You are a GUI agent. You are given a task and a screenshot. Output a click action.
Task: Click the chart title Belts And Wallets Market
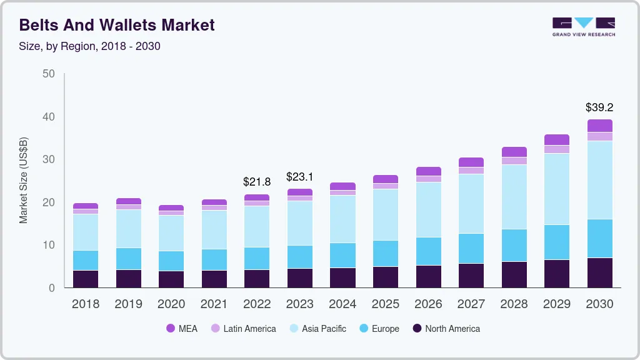click(x=117, y=25)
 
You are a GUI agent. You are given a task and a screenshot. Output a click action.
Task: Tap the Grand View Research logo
click(x=583, y=26)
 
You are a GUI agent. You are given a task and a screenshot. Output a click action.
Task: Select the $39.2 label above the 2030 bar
click(x=599, y=107)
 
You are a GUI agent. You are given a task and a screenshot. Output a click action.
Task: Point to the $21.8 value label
click(x=257, y=182)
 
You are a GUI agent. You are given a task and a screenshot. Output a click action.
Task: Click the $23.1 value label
click(x=300, y=177)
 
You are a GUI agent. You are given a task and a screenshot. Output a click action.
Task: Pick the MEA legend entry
click(x=182, y=329)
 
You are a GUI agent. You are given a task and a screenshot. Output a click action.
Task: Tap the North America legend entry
click(x=446, y=329)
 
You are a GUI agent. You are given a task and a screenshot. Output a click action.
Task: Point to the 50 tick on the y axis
click(x=48, y=74)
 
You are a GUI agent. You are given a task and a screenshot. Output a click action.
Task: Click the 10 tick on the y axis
click(x=48, y=245)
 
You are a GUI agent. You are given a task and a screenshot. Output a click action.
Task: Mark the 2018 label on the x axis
click(x=85, y=304)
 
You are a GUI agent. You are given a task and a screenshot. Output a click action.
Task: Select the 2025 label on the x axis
click(x=386, y=304)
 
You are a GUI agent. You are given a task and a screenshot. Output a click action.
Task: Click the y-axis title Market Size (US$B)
click(x=24, y=181)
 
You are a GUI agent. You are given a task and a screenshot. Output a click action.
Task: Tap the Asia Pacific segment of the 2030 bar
click(x=599, y=180)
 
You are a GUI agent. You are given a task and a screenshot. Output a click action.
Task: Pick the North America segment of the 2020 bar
click(x=171, y=279)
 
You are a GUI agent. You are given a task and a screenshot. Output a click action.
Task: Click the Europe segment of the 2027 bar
click(x=471, y=249)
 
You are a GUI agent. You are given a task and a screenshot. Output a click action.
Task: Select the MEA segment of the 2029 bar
click(x=557, y=140)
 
